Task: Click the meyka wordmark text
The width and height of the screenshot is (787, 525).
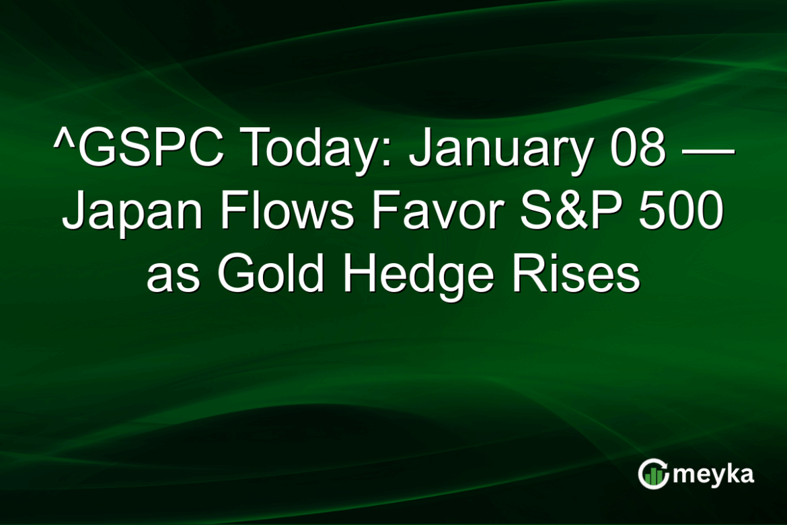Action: [x=713, y=475]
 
